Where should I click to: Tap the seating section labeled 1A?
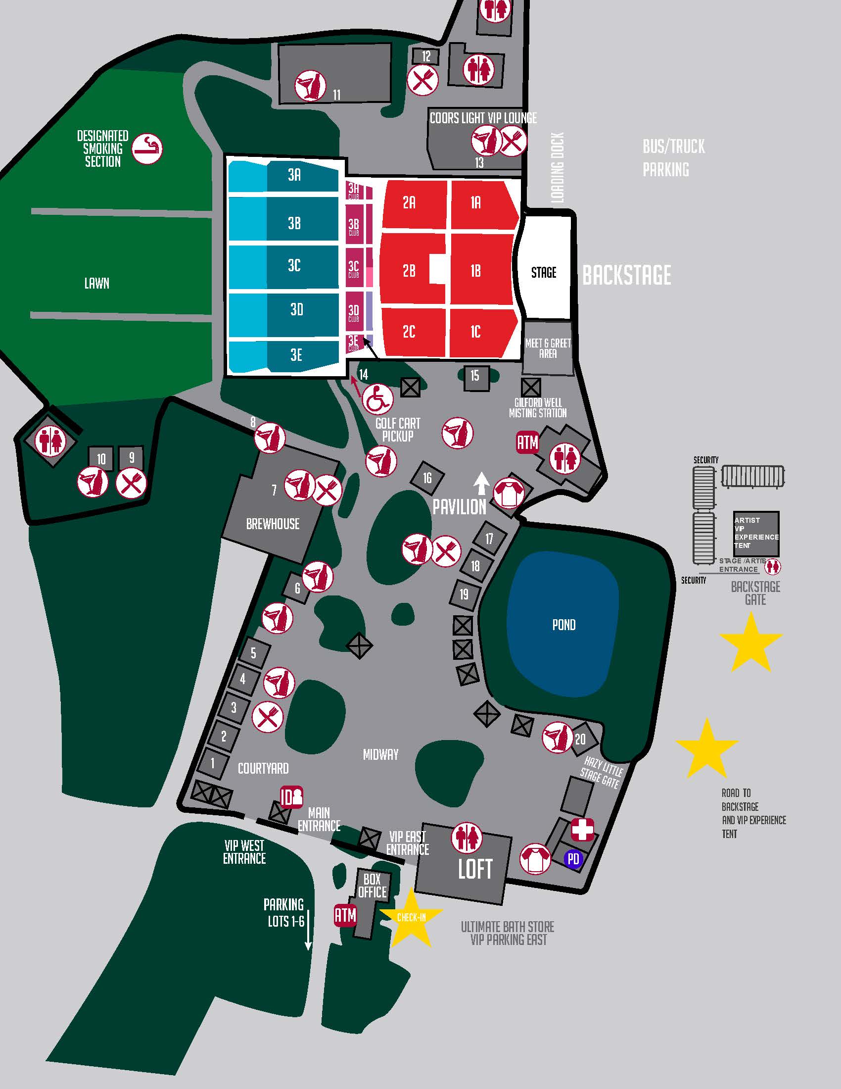tap(476, 202)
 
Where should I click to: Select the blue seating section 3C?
tap(294, 265)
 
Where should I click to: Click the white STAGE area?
tap(544, 272)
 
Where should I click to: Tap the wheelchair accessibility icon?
tap(377, 399)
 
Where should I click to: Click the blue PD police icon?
tap(573, 859)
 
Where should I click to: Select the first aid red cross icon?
tap(582, 830)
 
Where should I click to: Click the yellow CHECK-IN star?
tap(411, 917)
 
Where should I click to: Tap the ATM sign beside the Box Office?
tap(345, 915)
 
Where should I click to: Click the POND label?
tap(563, 625)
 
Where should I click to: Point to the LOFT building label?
tap(475, 869)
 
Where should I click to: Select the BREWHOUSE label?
tap(273, 524)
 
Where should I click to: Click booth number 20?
tap(580, 739)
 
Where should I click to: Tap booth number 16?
tap(427, 478)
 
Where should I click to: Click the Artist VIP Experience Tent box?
tap(756, 533)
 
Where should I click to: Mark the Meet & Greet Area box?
tap(548, 348)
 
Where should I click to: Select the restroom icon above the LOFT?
tap(467, 837)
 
